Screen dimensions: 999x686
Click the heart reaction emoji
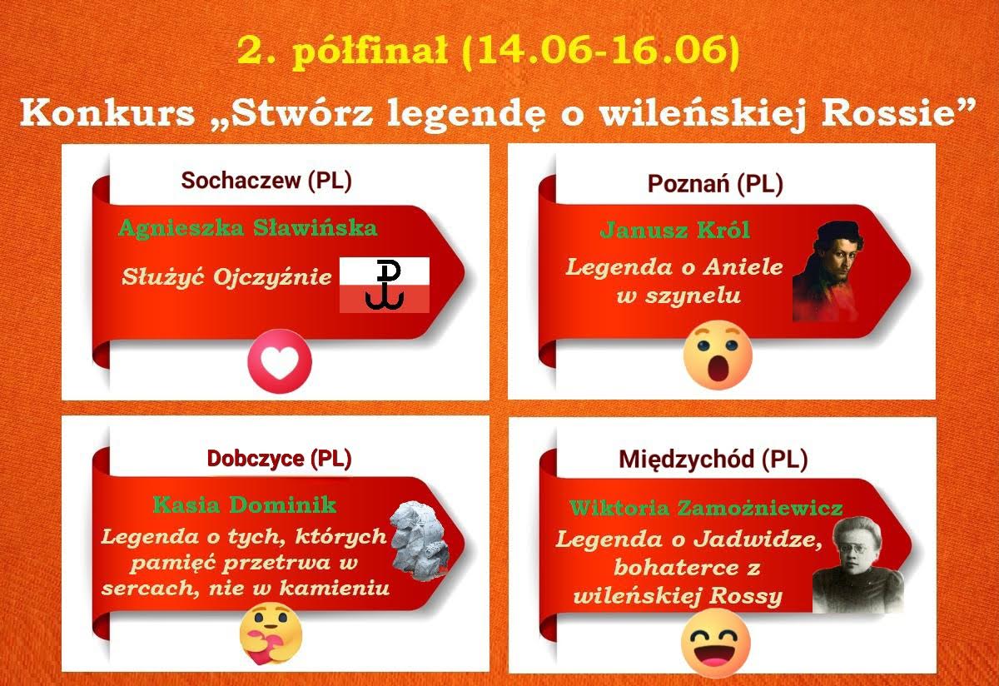tap(280, 361)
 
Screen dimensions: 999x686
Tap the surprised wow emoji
tap(718, 355)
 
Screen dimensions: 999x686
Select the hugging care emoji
tap(271, 635)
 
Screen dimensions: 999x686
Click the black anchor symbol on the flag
tap(385, 285)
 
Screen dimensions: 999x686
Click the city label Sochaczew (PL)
tap(266, 181)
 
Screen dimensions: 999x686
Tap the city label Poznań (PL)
tap(715, 184)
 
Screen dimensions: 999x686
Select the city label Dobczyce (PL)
tap(279, 458)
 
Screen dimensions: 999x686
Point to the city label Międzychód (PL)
tap(713, 459)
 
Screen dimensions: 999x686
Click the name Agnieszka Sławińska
tap(248, 228)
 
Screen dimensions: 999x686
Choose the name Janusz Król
tap(675, 230)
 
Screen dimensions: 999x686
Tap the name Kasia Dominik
tap(245, 505)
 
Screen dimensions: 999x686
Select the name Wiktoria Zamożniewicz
tap(706, 508)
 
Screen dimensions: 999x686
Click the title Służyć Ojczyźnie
tap(226, 277)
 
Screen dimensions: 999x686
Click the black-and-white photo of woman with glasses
tap(857, 564)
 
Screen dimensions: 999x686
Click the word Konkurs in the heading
tap(107, 112)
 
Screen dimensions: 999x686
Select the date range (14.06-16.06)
tap(600, 50)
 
